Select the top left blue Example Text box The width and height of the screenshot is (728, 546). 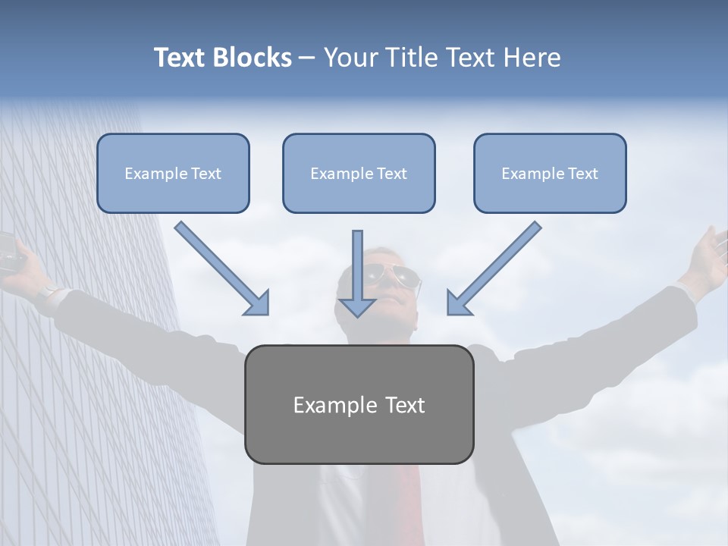click(x=173, y=173)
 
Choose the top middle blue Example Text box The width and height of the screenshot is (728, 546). click(x=359, y=173)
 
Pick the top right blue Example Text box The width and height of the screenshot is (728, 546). click(x=550, y=173)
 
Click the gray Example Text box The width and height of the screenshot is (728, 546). click(x=359, y=404)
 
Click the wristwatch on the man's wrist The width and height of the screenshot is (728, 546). click(x=50, y=291)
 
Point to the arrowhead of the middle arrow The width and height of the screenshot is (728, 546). click(x=357, y=306)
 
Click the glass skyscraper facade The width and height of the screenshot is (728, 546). click(x=83, y=379)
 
